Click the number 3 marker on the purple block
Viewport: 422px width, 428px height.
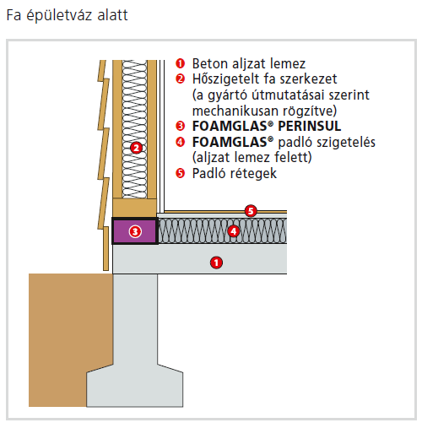(135, 231)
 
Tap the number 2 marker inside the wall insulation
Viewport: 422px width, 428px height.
(137, 148)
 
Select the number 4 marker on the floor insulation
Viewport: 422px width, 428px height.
(233, 231)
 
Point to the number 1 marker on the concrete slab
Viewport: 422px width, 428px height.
(216, 263)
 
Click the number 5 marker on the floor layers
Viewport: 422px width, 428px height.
(251, 211)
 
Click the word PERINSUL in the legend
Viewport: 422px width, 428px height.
(310, 126)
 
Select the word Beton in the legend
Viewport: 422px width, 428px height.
(210, 63)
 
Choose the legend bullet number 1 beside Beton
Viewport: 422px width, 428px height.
(180, 63)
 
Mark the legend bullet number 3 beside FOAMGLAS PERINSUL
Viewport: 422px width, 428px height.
(180, 126)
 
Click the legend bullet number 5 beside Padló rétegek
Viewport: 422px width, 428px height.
(180, 173)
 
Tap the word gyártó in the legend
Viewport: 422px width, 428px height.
(228, 95)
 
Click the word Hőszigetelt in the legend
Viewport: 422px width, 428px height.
(225, 79)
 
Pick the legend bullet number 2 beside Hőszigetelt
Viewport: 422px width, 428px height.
(180, 79)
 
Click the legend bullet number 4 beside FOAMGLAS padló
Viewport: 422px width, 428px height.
(180, 142)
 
